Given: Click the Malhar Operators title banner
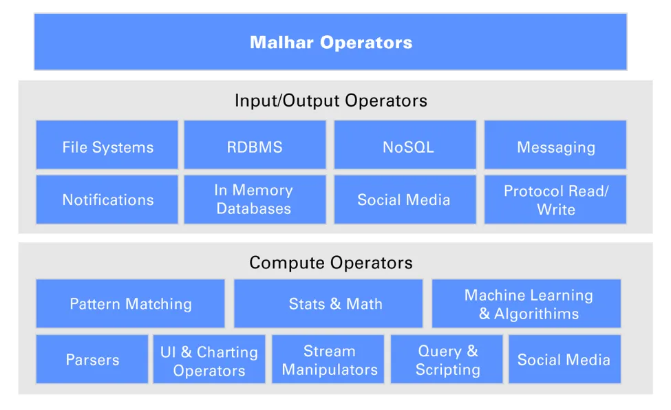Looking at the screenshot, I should coord(330,42).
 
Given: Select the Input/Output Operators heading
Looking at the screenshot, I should coord(330,100).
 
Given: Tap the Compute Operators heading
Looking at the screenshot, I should coord(330,263).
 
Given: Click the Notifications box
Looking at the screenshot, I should coord(107,199).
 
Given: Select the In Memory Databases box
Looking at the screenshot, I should coord(255,199).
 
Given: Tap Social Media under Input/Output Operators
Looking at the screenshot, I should coord(405,199).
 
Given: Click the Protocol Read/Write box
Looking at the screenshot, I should coord(555,199).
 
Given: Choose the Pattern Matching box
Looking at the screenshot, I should coord(131,303).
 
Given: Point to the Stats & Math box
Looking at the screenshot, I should coord(328,303).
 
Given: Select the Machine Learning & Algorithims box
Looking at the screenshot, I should coord(526,303).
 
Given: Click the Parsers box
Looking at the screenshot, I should coord(92,359).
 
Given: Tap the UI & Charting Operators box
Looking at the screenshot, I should coord(209,359).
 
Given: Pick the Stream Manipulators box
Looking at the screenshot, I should coord(330,359).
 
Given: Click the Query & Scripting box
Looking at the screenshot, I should coord(448,359).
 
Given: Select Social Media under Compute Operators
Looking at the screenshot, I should coord(564,359).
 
